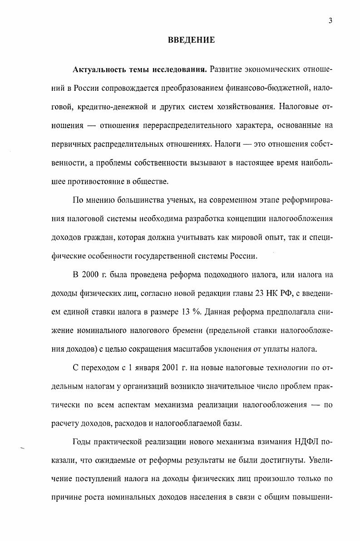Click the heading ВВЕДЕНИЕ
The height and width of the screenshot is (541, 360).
pyautogui.click(x=191, y=40)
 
